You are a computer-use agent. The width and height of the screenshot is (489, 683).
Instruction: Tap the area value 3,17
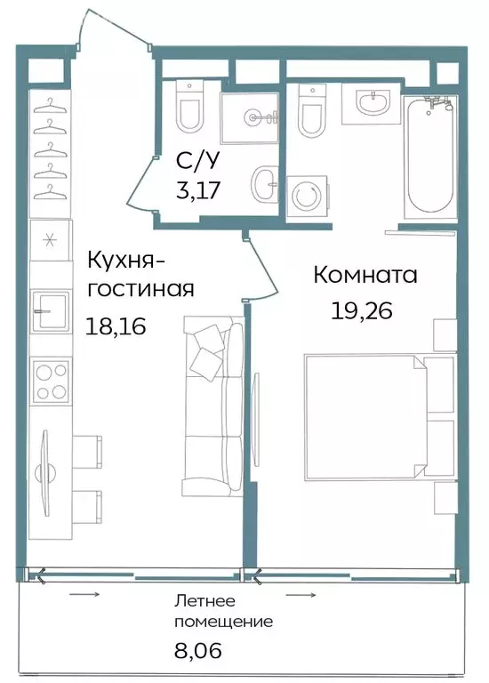[196, 189]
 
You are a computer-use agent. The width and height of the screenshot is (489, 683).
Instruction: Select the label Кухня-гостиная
[140, 275]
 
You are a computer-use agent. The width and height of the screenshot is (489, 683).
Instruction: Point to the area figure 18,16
[116, 326]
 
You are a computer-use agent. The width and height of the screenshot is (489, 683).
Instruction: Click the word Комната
[365, 276]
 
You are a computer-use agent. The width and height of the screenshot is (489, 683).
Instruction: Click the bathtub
[429, 157]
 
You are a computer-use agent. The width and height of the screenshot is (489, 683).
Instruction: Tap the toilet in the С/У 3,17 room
[188, 107]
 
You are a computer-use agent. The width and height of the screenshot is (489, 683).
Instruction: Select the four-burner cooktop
[49, 381]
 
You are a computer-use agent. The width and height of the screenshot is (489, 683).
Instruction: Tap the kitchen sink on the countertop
[49, 311]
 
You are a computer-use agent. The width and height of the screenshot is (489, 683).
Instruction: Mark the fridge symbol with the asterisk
[49, 240]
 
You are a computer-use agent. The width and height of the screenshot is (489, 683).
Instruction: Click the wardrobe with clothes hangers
[50, 147]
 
